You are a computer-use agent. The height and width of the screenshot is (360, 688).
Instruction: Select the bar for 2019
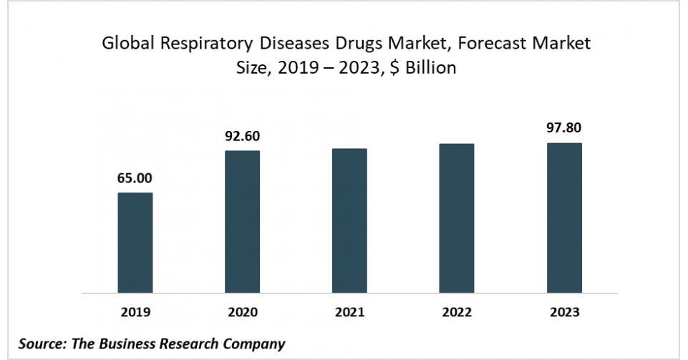(135, 243)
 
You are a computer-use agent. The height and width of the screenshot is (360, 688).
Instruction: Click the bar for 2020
(243, 222)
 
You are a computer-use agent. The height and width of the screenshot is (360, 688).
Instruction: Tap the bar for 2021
(349, 220)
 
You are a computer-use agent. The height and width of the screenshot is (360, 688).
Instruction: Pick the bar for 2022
(457, 218)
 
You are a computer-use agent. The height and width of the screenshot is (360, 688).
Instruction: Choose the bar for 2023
(564, 218)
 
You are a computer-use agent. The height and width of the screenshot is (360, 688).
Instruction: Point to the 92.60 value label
(243, 136)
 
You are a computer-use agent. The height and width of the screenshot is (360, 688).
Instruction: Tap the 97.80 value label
(564, 128)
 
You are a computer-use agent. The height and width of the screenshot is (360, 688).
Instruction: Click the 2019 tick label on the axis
(135, 312)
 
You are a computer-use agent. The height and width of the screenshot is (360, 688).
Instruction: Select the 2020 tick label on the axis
(243, 312)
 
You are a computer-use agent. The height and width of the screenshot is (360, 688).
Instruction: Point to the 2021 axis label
(349, 312)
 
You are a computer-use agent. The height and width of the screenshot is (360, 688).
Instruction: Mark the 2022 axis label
(457, 312)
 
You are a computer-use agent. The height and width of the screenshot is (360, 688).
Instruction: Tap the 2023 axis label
(564, 312)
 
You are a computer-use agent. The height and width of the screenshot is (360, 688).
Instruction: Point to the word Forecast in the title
(490, 44)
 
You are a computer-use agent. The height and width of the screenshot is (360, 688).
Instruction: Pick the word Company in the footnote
(254, 344)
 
